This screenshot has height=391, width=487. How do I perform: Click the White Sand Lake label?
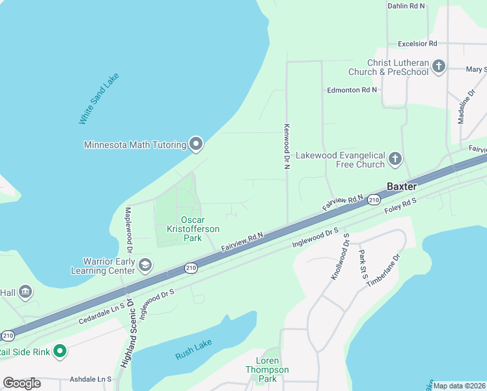(94, 99)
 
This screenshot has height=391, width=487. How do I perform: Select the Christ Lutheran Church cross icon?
(439, 66)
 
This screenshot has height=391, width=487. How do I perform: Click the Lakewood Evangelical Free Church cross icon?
(395, 158)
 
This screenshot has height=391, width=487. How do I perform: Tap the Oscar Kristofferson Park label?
(201, 229)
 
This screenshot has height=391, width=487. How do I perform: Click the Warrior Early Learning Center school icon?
(145, 264)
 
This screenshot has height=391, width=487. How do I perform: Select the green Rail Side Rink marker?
(60, 352)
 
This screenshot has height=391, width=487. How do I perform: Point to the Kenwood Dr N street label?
(285, 147)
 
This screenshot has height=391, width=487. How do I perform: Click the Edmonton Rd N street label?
(352, 90)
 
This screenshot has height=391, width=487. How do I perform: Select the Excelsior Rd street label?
(417, 44)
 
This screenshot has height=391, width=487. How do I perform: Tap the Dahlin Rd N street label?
(406, 6)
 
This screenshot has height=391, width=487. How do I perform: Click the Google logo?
(22, 383)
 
